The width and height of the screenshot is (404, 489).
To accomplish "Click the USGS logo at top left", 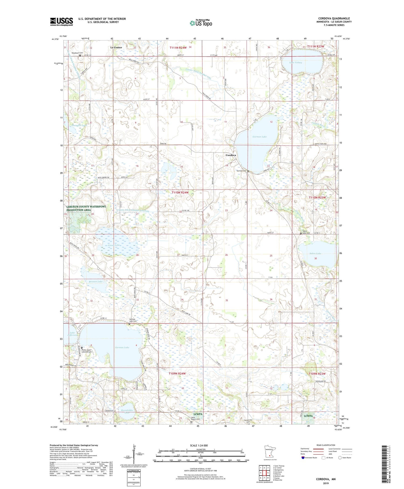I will (61, 22).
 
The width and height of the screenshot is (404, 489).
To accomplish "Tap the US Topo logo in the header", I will (201, 23).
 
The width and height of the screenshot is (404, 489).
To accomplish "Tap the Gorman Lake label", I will (260, 137).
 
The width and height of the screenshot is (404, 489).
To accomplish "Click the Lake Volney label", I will (295, 62).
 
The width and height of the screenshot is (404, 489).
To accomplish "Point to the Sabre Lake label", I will (315, 254).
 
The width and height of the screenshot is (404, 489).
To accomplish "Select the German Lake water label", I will (122, 347).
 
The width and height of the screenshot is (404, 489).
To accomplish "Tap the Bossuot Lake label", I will (96, 282).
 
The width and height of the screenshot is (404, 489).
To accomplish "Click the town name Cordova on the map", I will (231, 155).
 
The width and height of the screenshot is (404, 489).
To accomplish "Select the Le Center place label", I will (116, 47).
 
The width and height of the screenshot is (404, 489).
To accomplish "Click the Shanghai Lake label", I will (79, 125).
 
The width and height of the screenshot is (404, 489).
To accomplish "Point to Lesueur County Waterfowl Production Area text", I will (86, 208).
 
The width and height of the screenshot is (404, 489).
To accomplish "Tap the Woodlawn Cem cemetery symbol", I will (80, 56).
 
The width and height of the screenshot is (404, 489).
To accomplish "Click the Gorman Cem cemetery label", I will (241, 171).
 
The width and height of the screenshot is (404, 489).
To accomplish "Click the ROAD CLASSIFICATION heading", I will (326, 445).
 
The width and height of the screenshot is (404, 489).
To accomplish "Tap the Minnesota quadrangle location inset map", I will (269, 452).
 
